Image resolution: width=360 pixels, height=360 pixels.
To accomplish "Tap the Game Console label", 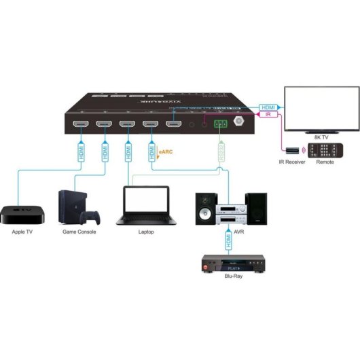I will tap(79, 232).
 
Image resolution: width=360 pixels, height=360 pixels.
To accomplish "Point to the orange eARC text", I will tap(165, 153).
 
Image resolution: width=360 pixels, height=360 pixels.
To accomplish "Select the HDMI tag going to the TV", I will tap(268, 107).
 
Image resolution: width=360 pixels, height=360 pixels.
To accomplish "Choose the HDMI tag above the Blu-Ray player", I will tap(228, 239).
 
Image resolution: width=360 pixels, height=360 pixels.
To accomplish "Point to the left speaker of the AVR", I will tap(206, 209).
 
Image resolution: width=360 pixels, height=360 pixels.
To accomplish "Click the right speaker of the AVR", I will tap(255, 209).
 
